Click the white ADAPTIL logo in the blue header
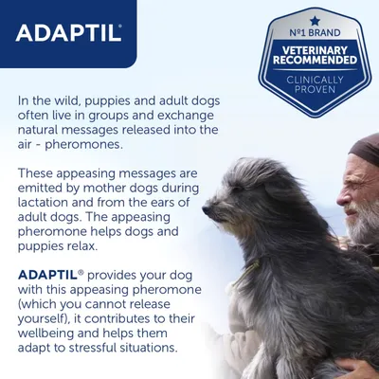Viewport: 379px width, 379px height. click(x=68, y=31)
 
